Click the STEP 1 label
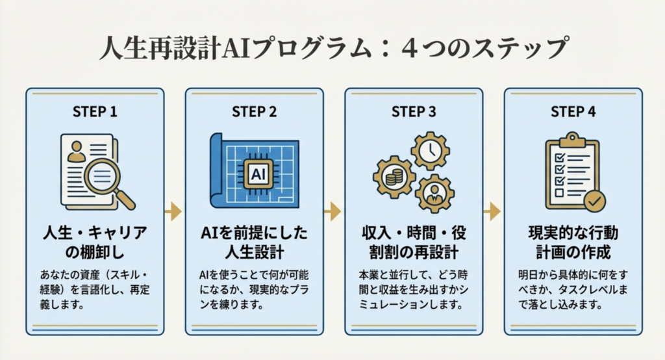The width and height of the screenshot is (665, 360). pos(95,111)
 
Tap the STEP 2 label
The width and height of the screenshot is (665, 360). pos(255,111)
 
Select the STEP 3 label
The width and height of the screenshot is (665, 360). pos(414,111)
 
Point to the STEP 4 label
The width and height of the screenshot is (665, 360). pos(573,111)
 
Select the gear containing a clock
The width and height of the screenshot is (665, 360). pos(430,151)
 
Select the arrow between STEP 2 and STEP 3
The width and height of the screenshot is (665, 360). pos(333,211)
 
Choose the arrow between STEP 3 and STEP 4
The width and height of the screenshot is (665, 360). pos(493,211)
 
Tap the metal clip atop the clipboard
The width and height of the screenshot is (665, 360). pos(572,138)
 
